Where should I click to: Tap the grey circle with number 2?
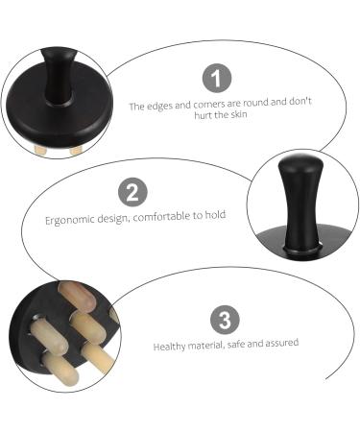click(x=135, y=191)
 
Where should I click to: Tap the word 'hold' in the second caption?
click(x=216, y=216)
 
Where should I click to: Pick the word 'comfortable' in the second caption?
click(x=160, y=216)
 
